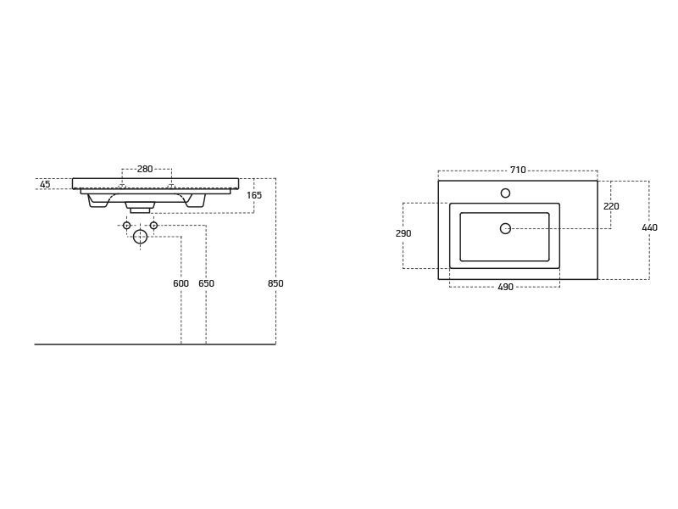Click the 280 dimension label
(145, 169)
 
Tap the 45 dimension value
(45, 184)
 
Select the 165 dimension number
(254, 195)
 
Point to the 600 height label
(181, 283)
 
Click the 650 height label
(206, 283)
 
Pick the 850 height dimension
(275, 283)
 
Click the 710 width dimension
(518, 170)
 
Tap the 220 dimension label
(611, 206)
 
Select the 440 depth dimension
(649, 227)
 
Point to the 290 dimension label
(403, 233)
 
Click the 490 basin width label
(505, 287)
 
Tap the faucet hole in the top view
(505, 193)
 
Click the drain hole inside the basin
(505, 228)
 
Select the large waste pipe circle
(140, 237)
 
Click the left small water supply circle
(126, 225)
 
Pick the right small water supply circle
(153, 225)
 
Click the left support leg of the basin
(97, 201)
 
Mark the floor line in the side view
(155, 344)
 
